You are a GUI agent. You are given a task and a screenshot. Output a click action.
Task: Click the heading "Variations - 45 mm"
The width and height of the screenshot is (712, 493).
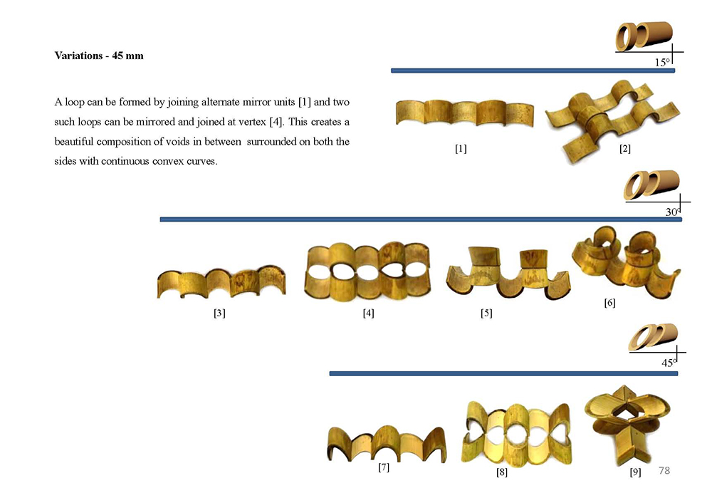pyautogui.click(x=99, y=56)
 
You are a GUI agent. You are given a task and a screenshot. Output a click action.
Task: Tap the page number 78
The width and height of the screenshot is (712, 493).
pyautogui.click(x=664, y=470)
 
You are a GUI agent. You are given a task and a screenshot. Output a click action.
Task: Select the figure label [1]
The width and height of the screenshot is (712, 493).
pyautogui.click(x=461, y=149)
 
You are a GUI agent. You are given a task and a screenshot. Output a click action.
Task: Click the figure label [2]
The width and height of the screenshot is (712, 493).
pyautogui.click(x=625, y=149)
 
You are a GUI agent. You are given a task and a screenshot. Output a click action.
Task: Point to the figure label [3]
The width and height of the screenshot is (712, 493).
pyautogui.click(x=219, y=313)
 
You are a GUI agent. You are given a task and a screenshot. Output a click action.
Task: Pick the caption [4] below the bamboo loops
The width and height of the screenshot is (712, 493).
pyautogui.click(x=368, y=313)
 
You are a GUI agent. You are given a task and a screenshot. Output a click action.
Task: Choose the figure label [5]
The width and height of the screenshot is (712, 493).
pyautogui.click(x=486, y=313)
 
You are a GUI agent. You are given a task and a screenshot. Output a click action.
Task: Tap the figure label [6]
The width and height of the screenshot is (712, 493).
pyautogui.click(x=610, y=303)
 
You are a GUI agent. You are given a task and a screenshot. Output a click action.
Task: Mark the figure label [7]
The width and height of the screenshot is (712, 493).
pyautogui.click(x=384, y=467)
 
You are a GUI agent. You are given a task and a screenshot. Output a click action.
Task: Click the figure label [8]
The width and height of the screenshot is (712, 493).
pyautogui.click(x=502, y=472)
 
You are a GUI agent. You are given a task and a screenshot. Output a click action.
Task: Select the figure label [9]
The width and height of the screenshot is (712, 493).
pyautogui.click(x=635, y=472)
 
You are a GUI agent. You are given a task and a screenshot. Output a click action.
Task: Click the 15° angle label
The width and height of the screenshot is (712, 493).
pyautogui.click(x=662, y=62)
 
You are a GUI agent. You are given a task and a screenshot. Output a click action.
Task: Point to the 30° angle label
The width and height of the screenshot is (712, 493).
pyautogui.click(x=673, y=212)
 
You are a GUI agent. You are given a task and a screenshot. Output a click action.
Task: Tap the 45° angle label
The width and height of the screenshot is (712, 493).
pyautogui.click(x=669, y=363)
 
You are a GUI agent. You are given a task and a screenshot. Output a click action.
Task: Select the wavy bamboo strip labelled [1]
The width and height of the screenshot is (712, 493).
pyautogui.click(x=464, y=113)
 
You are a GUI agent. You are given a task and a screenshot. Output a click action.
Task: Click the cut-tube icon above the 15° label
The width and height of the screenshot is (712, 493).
pyautogui.click(x=644, y=36)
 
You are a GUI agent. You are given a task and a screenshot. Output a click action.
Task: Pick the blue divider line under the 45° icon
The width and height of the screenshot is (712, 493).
pyautogui.click(x=503, y=373)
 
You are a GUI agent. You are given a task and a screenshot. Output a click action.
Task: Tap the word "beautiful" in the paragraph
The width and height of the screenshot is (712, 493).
pyautogui.click(x=73, y=142)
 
